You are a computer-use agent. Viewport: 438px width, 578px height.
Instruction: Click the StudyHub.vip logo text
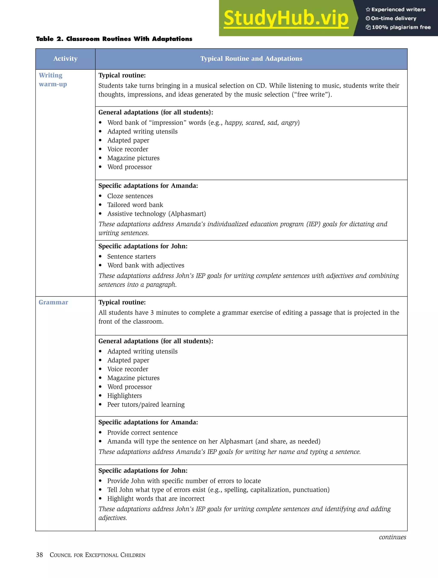tap(286, 18)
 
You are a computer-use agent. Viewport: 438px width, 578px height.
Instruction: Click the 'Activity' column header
tap(65, 58)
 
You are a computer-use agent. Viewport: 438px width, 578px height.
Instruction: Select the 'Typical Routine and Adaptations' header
tap(251, 58)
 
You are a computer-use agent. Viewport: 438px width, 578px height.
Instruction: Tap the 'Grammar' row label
tap(53, 302)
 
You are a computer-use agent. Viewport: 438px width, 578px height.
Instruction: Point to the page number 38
tap(39, 555)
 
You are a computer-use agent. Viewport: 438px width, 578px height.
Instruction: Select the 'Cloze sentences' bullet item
tap(130, 196)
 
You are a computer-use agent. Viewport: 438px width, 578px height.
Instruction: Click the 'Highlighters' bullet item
tap(124, 396)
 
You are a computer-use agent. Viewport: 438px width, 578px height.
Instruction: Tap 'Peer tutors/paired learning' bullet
tap(146, 405)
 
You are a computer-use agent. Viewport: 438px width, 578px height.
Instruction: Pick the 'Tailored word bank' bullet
tap(135, 205)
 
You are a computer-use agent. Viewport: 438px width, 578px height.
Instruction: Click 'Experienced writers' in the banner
tap(398, 9)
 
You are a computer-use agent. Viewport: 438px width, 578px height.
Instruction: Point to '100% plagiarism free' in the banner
tap(401, 27)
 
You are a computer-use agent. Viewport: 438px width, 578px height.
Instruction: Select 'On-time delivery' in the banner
tap(393, 18)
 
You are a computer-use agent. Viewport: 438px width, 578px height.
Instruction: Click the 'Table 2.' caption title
tap(114, 39)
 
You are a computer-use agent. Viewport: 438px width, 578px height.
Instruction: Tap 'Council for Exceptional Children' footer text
tap(97, 555)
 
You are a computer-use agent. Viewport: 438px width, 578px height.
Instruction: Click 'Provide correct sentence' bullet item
tap(142, 432)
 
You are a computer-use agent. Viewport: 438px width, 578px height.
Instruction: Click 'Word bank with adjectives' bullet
tap(146, 265)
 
